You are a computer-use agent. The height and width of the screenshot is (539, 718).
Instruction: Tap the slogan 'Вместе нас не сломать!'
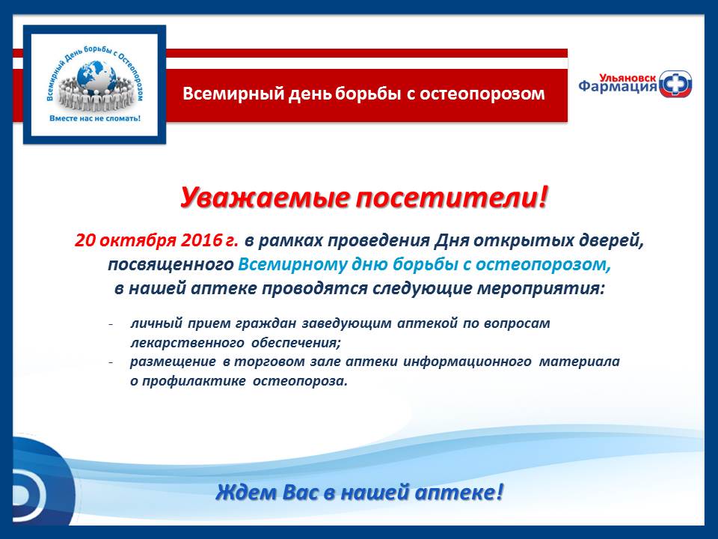pyautogui.click(x=95, y=118)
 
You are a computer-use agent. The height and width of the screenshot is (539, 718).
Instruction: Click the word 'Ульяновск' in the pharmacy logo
pyautogui.click(x=628, y=79)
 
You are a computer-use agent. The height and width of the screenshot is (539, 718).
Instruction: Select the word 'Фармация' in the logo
pyautogui.click(x=618, y=87)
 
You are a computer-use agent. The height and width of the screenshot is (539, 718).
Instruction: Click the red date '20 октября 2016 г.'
pyautogui.click(x=156, y=240)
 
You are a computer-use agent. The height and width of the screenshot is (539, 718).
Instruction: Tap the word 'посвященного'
pyautogui.click(x=171, y=265)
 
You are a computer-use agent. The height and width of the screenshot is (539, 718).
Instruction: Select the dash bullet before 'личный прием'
pyautogui.click(x=111, y=324)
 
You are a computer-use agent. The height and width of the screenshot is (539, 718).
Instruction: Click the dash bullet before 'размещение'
pyautogui.click(x=111, y=362)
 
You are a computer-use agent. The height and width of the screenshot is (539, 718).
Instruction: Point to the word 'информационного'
pyautogui.click(x=467, y=362)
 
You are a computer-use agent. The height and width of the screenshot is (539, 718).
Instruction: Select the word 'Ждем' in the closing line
pyautogui.click(x=246, y=493)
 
